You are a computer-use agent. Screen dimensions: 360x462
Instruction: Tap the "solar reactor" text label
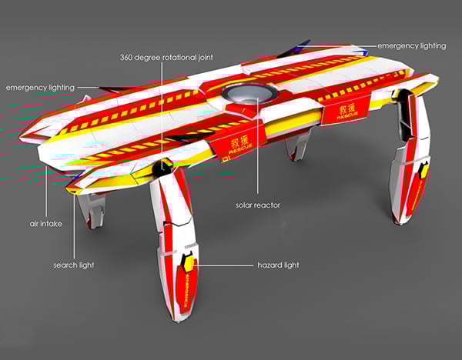click(258, 206)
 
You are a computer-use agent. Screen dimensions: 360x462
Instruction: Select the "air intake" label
click(46, 224)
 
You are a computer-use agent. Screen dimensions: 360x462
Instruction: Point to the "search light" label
click(74, 265)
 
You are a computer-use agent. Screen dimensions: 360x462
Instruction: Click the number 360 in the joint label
click(129, 57)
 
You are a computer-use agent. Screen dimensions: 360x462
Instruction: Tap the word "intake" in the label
click(52, 224)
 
